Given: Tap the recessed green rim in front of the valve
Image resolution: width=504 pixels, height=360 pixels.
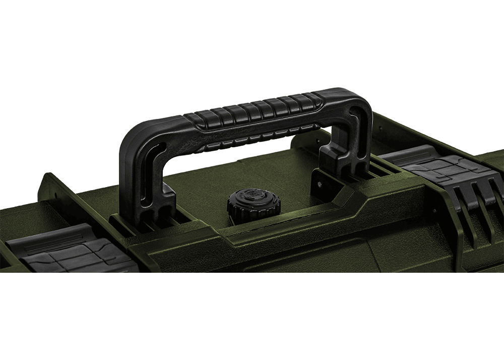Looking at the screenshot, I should coord(282,222).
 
